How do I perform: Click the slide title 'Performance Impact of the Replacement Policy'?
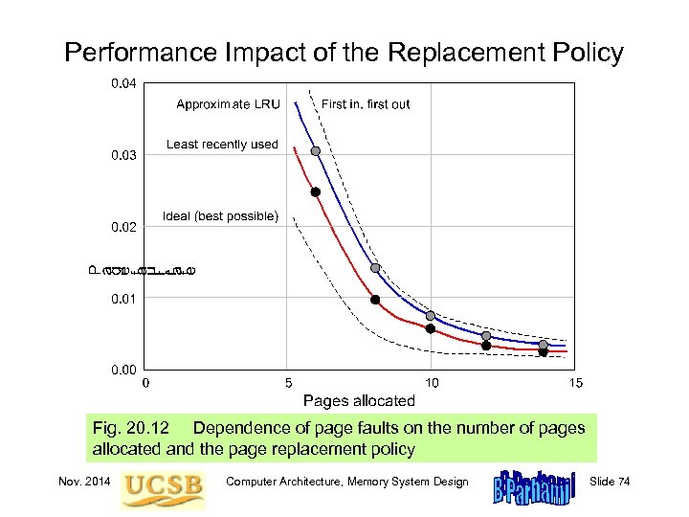point(344,52)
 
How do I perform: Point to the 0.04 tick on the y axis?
point(123,84)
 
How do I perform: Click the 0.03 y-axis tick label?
point(123,155)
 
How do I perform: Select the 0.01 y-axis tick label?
point(123,299)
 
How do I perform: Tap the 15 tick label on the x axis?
point(575,383)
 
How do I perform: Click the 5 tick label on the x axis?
point(288,383)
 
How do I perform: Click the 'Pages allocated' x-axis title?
point(359,400)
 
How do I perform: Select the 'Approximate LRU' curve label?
point(228,104)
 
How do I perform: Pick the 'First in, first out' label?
point(366,104)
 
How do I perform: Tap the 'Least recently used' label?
point(222,145)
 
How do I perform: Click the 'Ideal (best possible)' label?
point(221,216)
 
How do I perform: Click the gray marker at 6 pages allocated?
point(316,151)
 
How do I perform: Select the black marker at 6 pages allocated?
point(316,191)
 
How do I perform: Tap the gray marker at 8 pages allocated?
point(375,268)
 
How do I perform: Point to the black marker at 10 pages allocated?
point(431,329)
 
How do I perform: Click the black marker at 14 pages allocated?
point(543,352)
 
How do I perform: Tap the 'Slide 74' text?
point(611,481)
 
